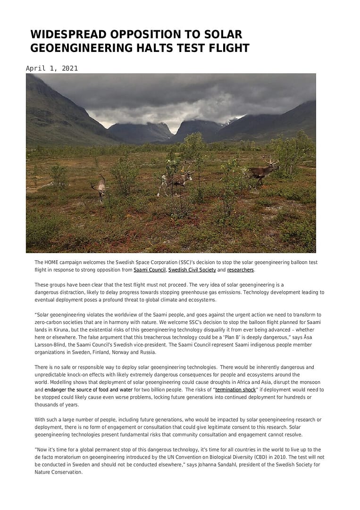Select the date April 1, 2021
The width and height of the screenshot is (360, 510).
[52, 68]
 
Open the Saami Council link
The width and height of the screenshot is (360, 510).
[150, 270]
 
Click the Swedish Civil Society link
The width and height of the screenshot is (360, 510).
[192, 270]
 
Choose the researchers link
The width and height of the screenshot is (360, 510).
[241, 270]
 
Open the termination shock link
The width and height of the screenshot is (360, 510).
[235, 390]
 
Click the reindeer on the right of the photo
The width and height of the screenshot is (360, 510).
[263, 171]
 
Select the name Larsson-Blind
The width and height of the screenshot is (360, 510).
[52, 345]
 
